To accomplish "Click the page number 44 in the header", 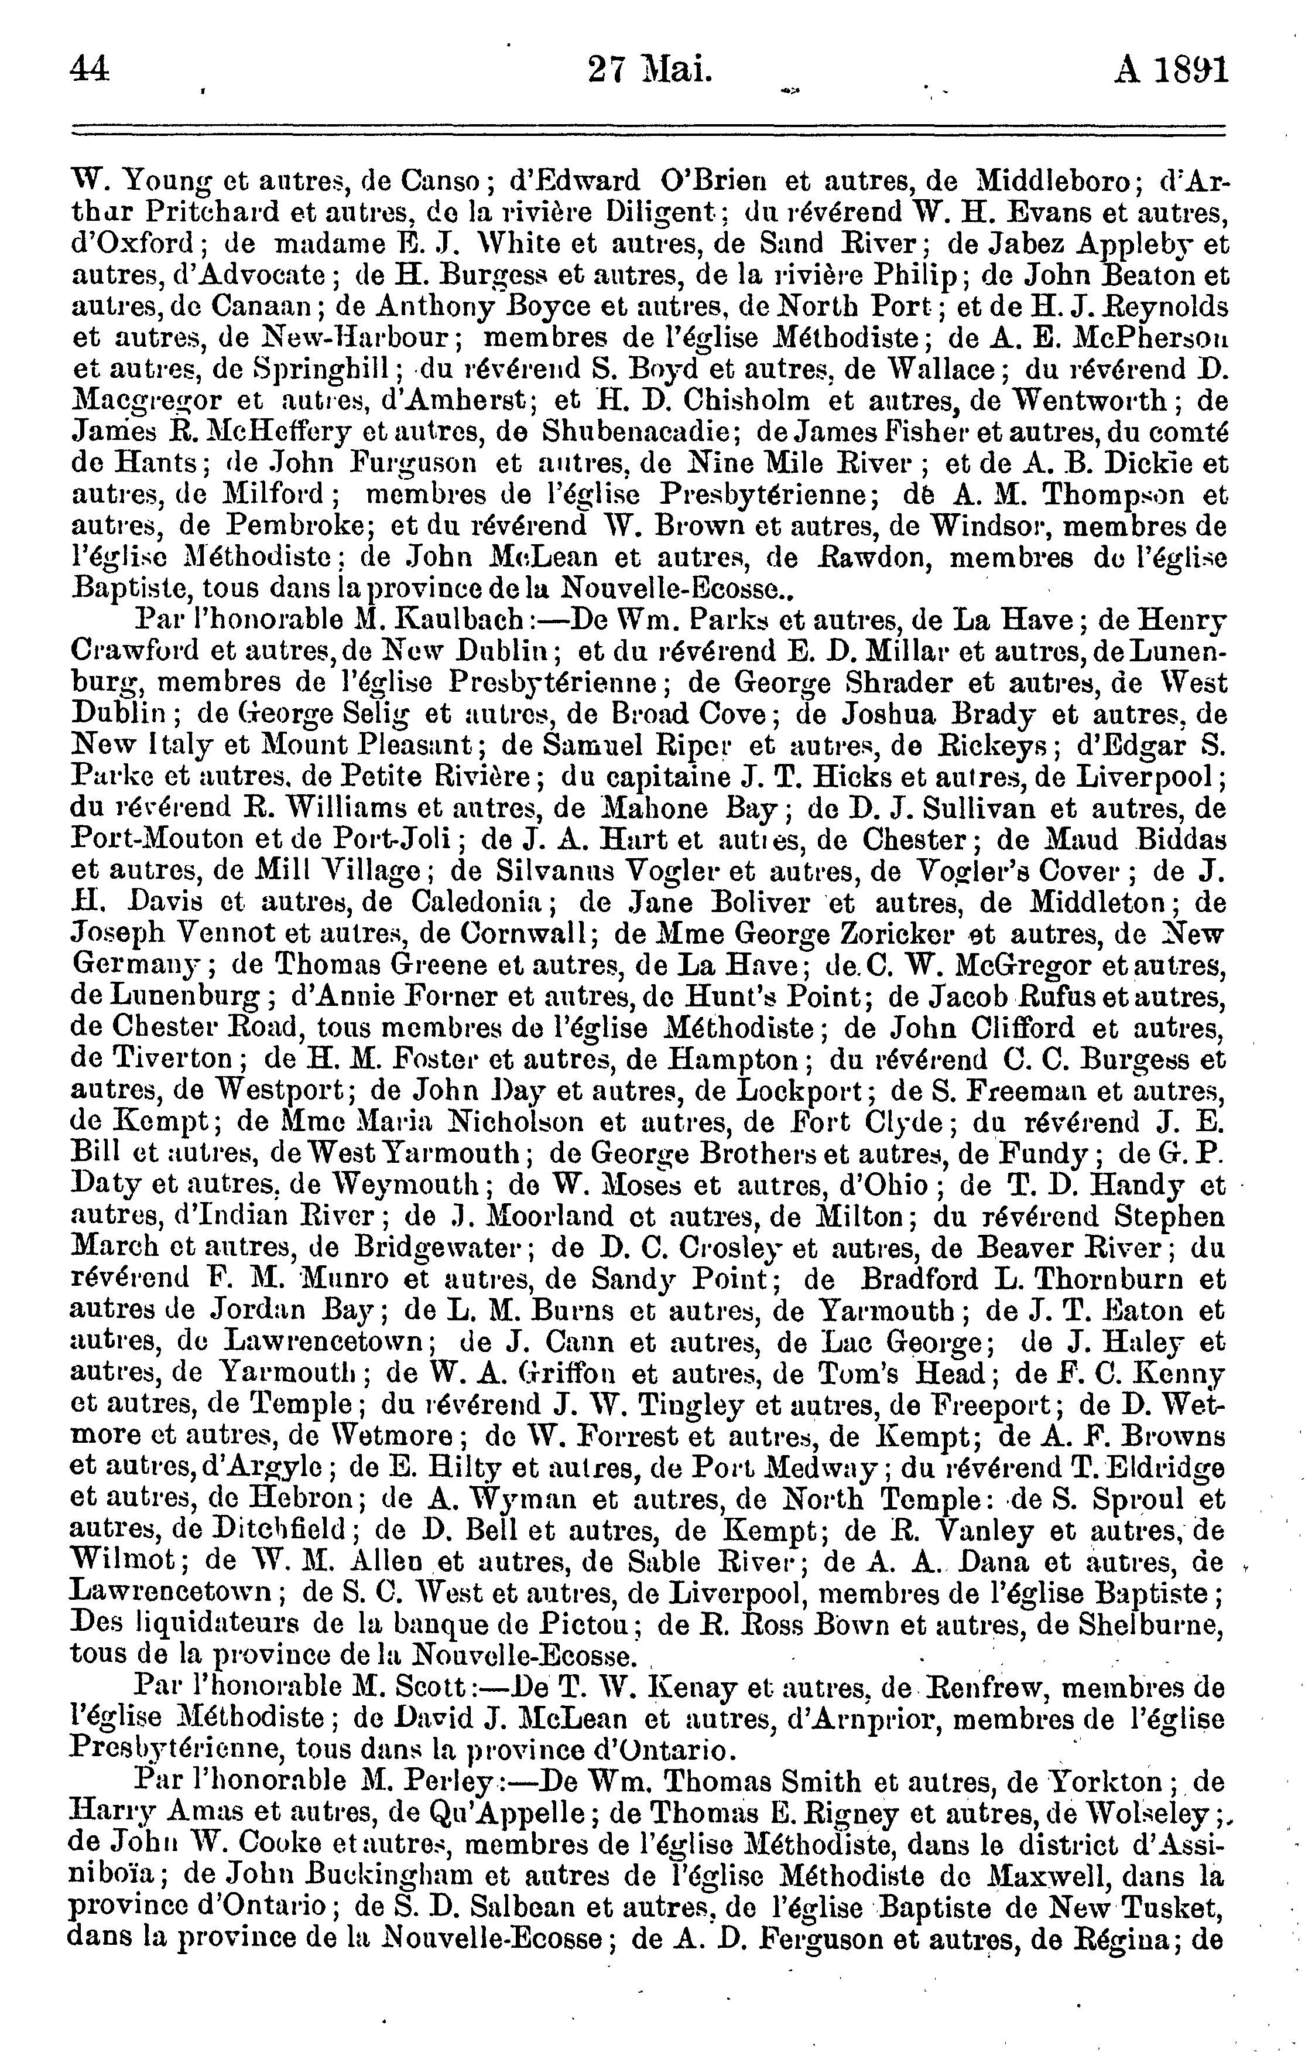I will tap(91, 68).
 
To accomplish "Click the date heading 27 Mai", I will tap(650, 68).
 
